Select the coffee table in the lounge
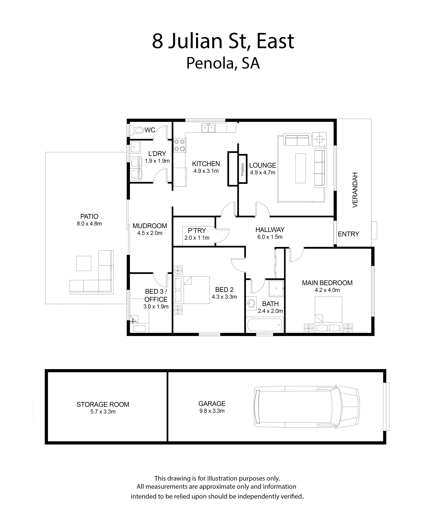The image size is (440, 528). [301, 168]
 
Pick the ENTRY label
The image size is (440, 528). [348, 234]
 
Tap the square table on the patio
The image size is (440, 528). [84, 263]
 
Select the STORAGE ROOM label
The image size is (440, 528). [103, 404]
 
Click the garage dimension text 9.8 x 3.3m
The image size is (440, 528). [212, 411]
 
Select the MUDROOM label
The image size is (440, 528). [150, 226]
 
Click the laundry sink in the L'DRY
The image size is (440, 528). [136, 147]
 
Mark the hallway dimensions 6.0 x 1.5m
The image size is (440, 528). [270, 237]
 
